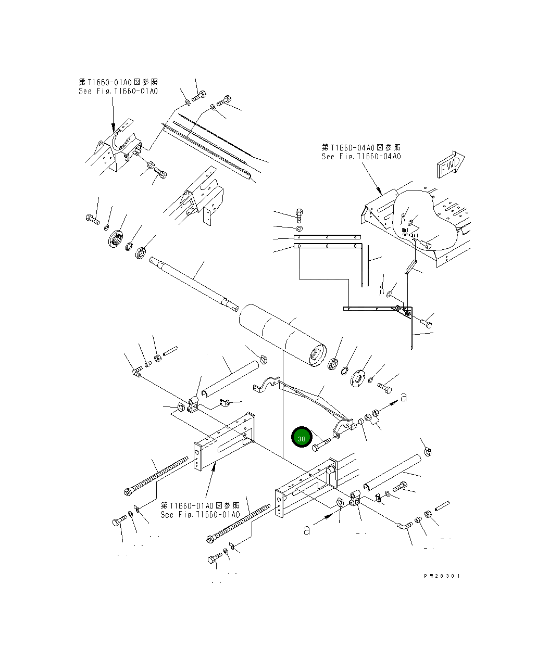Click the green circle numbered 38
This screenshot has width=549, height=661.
coord(301,437)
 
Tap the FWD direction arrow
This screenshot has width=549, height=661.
coord(451,164)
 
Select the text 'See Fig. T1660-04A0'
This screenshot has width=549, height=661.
coord(361,156)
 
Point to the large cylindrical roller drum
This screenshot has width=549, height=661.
coord(283,335)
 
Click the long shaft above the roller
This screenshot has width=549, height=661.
coord(194,284)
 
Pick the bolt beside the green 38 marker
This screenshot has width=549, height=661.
coord(321,444)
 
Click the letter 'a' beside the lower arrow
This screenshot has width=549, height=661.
coord(307,530)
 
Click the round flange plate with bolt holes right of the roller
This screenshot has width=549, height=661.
coord(357,378)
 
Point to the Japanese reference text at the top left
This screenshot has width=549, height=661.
coord(118,82)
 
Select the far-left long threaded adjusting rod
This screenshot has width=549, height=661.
coord(156,476)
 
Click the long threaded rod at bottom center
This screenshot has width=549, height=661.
coord(238,524)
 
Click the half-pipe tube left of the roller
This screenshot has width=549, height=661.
coord(230,378)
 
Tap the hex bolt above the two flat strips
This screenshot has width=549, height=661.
coord(299,215)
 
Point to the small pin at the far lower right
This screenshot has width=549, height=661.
coord(442,505)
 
